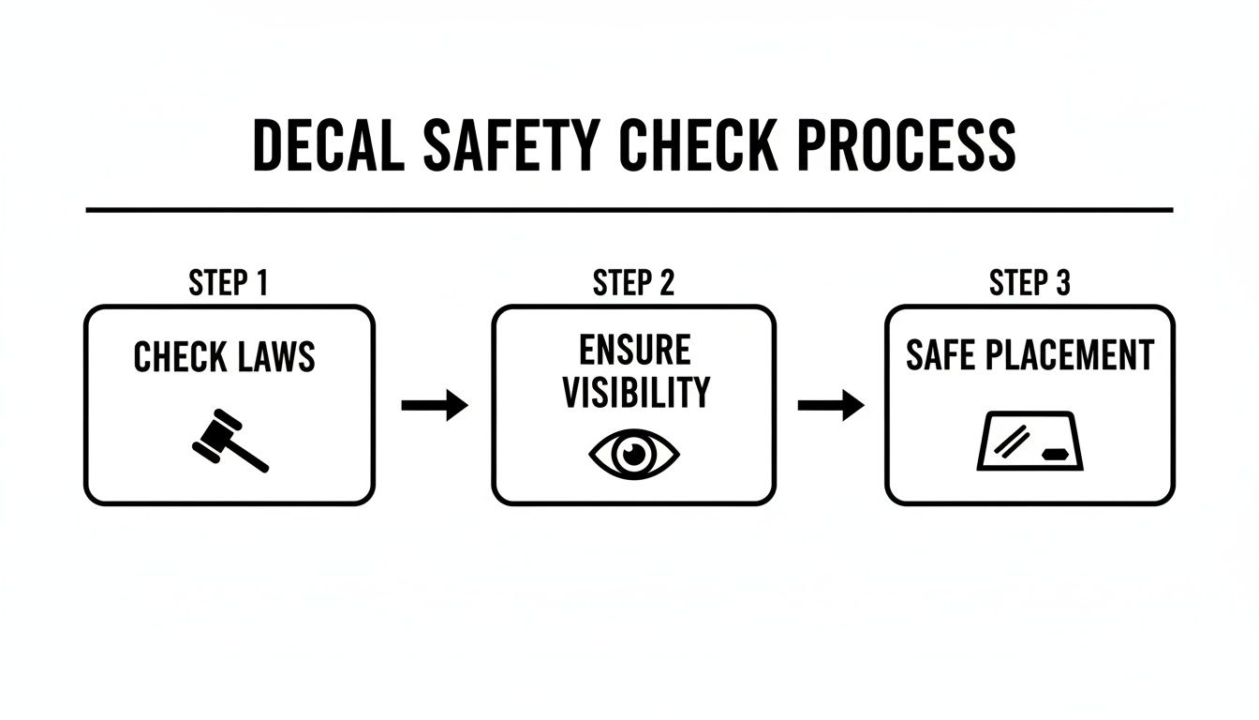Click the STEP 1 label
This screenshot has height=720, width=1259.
tap(229, 283)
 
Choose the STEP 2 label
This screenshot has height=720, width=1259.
tap(633, 283)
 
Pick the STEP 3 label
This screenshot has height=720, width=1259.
tap(1029, 283)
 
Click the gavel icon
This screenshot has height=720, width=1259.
tap(230, 439)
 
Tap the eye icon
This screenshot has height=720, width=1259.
tap(634, 454)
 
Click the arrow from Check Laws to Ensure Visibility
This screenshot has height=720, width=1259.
tap(435, 405)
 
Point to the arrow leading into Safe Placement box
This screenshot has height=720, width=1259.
tap(831, 405)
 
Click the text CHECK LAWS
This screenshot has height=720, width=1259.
tap(225, 357)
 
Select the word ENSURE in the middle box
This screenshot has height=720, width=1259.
tap(634, 350)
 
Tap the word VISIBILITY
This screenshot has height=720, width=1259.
tap(635, 393)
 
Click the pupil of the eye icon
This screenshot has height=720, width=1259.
tap(634, 454)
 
